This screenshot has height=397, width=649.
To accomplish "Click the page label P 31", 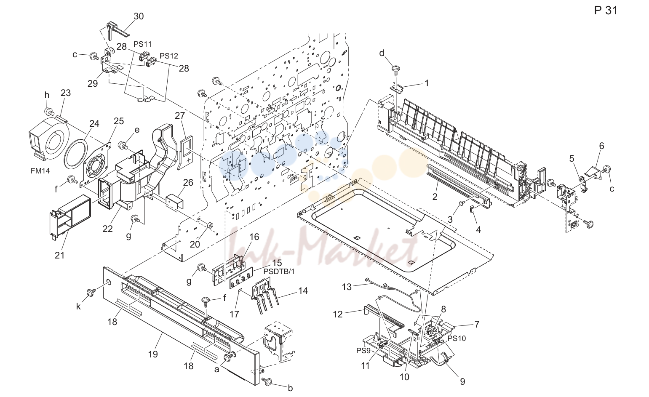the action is point(606,11).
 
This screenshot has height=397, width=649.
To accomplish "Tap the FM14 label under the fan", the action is point(40,171).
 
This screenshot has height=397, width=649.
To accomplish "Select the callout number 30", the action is point(139,16).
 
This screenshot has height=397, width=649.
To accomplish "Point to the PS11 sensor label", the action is point(142,44).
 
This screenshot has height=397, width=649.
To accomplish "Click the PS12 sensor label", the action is point(169,56).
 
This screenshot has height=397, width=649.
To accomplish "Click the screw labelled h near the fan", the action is point(49,111).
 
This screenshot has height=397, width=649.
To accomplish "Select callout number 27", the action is point(180,115).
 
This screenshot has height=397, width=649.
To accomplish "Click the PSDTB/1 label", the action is point(279,272).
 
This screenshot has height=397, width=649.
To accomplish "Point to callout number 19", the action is point(153,354).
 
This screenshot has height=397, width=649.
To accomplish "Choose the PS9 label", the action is point(363,351).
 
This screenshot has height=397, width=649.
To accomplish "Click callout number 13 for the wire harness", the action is point(347,287).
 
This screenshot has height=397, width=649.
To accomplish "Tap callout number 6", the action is point(601,146).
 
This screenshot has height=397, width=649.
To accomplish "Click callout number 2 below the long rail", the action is point(435,197).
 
